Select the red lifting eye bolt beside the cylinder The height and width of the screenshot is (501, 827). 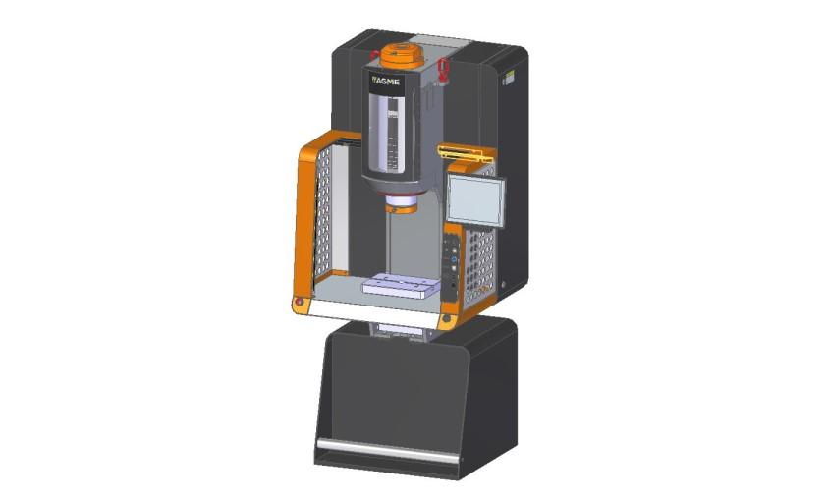[x=443, y=70]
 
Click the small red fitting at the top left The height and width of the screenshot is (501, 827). [x=373, y=54]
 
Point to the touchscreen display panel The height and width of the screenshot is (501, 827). [x=474, y=197]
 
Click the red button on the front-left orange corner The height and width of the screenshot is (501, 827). [x=298, y=303]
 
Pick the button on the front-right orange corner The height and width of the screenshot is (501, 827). [x=446, y=319]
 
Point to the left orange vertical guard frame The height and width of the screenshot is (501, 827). [x=303, y=221]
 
